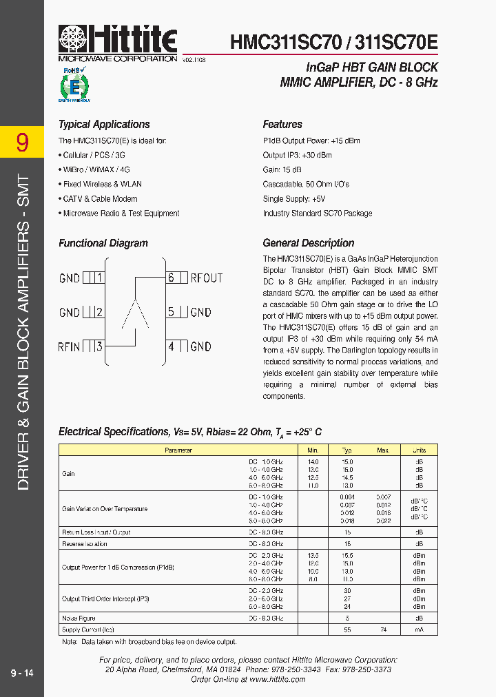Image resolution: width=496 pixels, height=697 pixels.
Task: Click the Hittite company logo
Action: coord(118,40)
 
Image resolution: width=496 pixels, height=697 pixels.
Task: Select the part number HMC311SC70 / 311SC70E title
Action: coord(333,41)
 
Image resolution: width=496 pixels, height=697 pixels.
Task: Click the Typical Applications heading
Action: coord(104,125)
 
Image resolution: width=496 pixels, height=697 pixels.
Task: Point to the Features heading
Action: coord(282,125)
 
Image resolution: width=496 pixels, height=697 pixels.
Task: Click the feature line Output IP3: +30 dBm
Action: coord(297,156)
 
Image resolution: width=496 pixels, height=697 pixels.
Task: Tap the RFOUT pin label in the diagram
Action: coord(207,278)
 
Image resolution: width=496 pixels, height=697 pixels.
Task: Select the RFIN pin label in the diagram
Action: coord(70,346)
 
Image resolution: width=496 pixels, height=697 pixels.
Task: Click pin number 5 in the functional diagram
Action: coord(171,312)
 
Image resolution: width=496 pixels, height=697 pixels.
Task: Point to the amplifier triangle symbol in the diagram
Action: coord(136,314)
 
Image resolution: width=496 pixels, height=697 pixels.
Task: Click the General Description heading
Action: coord(309,243)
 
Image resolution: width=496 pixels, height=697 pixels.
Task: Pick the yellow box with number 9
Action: coord(22,142)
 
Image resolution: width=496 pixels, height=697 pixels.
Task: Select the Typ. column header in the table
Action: coord(347,450)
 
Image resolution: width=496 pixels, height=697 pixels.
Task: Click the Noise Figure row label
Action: coord(79,618)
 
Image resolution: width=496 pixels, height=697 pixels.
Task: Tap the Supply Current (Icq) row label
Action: coord(88,630)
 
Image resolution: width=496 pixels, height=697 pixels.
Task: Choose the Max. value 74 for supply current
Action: coord(383,630)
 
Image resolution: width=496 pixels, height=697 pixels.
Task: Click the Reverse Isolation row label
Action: coord(85,544)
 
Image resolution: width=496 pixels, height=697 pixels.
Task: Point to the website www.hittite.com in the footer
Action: coord(277,679)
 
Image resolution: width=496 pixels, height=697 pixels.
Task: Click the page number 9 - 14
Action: coord(22,672)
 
